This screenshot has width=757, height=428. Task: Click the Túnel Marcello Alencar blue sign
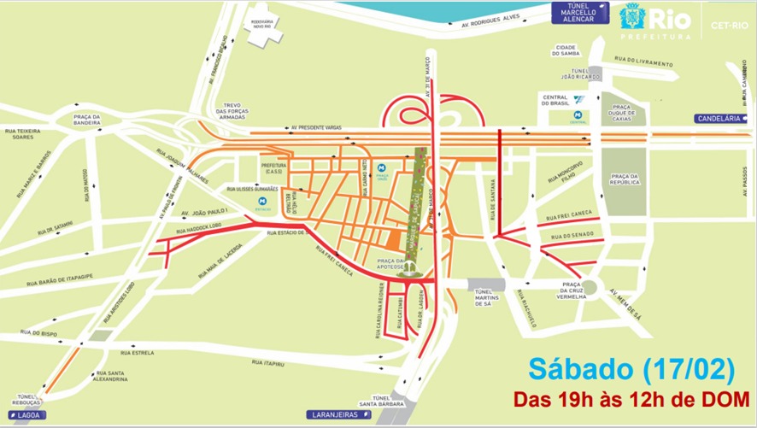pyautogui.click(x=578, y=13)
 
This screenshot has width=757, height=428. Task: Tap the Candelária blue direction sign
pyautogui.click(x=721, y=119)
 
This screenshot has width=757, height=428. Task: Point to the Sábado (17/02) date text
pyautogui.click(x=631, y=370)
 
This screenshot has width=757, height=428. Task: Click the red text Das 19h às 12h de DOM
pyautogui.click(x=633, y=400)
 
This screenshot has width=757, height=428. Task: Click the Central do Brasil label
pyautogui.click(x=555, y=101)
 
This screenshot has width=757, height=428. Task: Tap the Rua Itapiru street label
pyautogui.click(x=267, y=363)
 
